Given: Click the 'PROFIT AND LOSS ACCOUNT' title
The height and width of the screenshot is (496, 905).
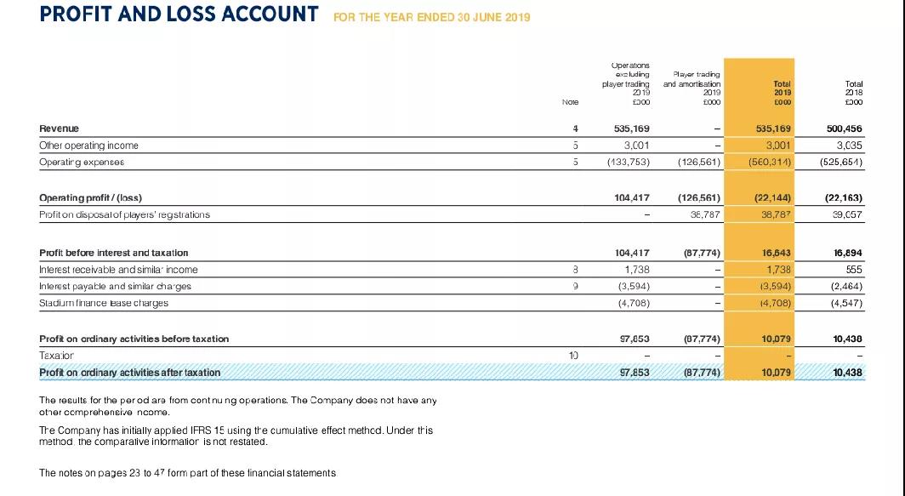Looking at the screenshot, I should click(x=179, y=15).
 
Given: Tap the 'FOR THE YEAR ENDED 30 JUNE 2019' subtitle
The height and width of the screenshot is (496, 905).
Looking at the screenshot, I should click(x=431, y=17).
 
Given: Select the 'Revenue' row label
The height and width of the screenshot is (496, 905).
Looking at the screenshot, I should click(x=60, y=128).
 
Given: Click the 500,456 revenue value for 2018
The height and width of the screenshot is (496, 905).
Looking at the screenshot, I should click(x=845, y=128).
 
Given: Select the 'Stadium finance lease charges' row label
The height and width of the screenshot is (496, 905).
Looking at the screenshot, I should click(x=105, y=302).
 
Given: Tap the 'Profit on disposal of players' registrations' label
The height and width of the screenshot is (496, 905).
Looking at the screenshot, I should click(x=125, y=214).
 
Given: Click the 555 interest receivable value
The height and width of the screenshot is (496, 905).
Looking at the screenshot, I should click(x=854, y=270).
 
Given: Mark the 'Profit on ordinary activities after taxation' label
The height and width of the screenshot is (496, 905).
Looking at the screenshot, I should click(x=130, y=372).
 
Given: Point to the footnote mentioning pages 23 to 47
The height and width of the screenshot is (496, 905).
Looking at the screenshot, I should click(x=188, y=472).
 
